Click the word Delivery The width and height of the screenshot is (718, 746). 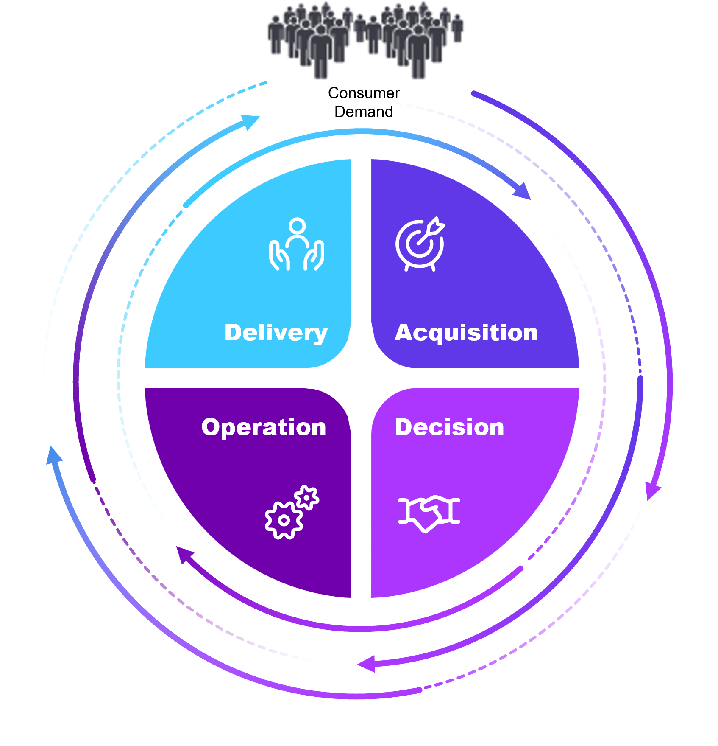click(x=276, y=333)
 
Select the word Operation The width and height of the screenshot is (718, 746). click(x=264, y=427)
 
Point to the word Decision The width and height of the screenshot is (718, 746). click(x=450, y=427)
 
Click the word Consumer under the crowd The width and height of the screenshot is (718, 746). click(x=364, y=93)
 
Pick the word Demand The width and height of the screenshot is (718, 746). click(x=364, y=112)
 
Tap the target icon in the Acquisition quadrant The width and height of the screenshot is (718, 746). click(x=420, y=244)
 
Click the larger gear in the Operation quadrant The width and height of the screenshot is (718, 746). click(x=284, y=520)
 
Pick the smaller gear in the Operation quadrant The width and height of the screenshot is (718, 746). click(x=306, y=497)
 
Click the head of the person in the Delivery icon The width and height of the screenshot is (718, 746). click(x=297, y=226)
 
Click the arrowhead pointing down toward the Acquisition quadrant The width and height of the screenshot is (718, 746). click(x=523, y=191)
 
